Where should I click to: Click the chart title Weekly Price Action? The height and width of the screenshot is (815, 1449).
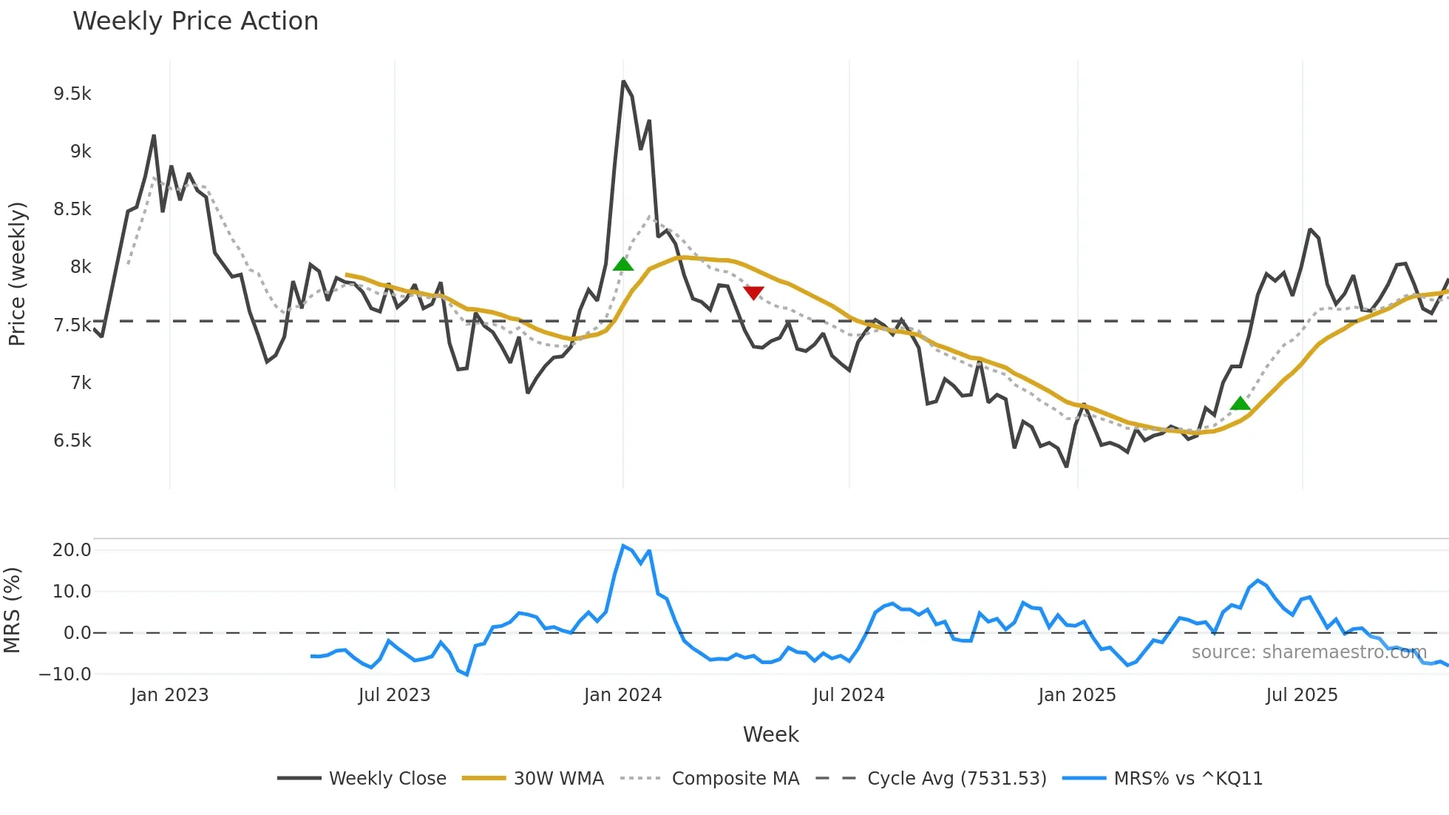pyautogui.click(x=195, y=21)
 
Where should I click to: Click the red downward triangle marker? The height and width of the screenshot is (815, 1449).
pyautogui.click(x=753, y=293)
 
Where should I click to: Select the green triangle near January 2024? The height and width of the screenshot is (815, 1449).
pyautogui.click(x=623, y=264)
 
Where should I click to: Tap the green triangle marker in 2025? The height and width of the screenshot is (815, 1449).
pyautogui.click(x=1240, y=404)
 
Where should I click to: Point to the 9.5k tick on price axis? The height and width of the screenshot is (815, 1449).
pyautogui.click(x=72, y=94)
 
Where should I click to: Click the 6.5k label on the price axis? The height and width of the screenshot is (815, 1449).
pyautogui.click(x=72, y=441)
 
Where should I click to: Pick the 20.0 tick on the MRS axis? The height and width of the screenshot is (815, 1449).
pyautogui.click(x=72, y=550)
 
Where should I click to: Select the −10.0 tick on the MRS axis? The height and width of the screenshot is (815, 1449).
pyautogui.click(x=66, y=674)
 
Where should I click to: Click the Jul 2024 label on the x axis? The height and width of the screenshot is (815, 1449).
pyautogui.click(x=848, y=695)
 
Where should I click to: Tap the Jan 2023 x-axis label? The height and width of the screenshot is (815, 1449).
pyautogui.click(x=169, y=695)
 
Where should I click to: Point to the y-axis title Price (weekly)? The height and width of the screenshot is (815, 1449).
pyautogui.click(x=17, y=274)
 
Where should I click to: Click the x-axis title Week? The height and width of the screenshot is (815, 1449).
pyautogui.click(x=770, y=734)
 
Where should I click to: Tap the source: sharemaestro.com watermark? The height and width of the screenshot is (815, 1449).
pyautogui.click(x=1309, y=652)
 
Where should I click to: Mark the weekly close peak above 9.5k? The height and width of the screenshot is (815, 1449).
pyautogui.click(x=623, y=81)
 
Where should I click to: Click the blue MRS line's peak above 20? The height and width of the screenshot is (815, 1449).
pyautogui.click(x=623, y=546)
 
